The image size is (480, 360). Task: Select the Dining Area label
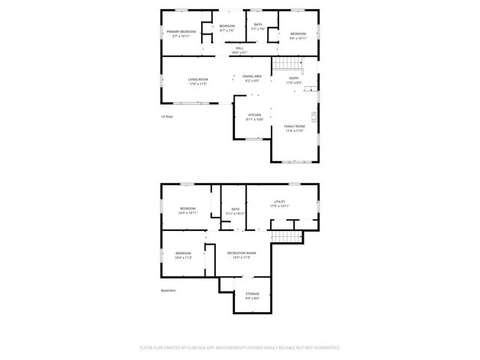coord(252,76)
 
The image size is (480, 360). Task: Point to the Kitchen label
coord(255,115)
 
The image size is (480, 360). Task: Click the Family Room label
coord(294,126)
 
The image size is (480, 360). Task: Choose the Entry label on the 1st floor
coord(294,78)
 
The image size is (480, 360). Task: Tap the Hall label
coord(240,48)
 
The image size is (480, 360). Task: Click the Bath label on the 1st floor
coord(258,25)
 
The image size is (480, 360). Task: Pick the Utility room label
coord(280,201)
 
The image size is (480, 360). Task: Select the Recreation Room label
coord(241,253)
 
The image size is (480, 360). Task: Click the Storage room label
coord(253,293)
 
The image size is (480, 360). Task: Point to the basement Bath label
coord(235,209)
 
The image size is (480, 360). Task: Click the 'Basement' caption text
coord(169,290)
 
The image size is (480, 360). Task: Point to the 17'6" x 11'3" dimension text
coord(198,84)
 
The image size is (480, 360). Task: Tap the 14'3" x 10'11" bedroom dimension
coord(187,213)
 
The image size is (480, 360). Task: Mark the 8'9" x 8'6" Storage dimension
coord(253,298)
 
